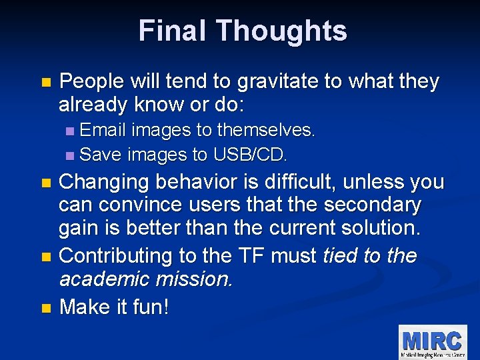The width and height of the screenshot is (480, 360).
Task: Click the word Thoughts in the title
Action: (281, 31)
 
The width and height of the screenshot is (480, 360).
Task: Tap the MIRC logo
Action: (431, 342)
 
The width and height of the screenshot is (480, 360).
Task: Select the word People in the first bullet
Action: (91, 82)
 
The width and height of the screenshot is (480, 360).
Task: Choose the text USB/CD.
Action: (251, 155)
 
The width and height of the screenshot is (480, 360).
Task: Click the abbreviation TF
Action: (276, 255)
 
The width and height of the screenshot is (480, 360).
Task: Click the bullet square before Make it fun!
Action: (45, 308)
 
